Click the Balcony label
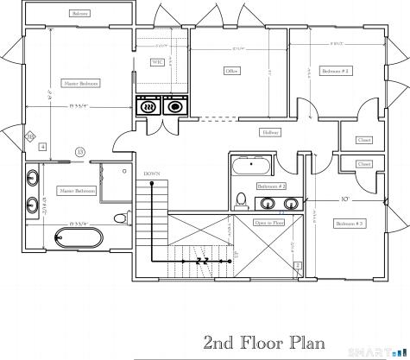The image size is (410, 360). (80, 15)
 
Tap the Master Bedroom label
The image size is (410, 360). (80, 84)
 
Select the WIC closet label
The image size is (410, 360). (158, 62)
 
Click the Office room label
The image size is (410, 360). (231, 70)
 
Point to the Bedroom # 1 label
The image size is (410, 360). (334, 70)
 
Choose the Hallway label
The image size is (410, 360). (271, 133)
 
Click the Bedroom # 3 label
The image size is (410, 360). (349, 224)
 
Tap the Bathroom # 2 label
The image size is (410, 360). (271, 186)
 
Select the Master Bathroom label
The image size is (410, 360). (77, 191)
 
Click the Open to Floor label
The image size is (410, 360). (269, 222)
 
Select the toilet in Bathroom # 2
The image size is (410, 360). (243, 201)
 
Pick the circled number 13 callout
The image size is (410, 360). (80, 152)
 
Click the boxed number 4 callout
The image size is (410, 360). (42, 148)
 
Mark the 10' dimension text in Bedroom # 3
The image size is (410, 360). (345, 199)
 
